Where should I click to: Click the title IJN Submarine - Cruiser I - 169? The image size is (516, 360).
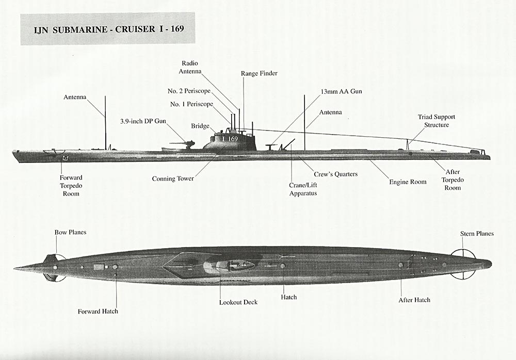[108, 28]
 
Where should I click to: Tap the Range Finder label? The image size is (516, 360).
[259, 73]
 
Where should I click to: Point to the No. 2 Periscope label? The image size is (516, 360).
[189, 91]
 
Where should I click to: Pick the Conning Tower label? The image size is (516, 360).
[173, 179]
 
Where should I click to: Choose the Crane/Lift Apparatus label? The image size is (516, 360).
[303, 189]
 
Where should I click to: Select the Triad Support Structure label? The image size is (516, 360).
[437, 121]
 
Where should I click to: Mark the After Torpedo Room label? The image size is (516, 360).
[452, 179]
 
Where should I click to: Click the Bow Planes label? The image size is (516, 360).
[70, 232]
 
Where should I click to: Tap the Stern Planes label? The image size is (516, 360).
[477, 234]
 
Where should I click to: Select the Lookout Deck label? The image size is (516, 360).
[238, 302]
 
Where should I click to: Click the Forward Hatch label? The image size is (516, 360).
[98, 311]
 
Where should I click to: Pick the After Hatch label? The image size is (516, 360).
[414, 300]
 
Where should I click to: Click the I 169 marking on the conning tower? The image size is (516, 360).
[230, 139]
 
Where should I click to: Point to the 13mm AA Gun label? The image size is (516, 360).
[341, 91]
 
